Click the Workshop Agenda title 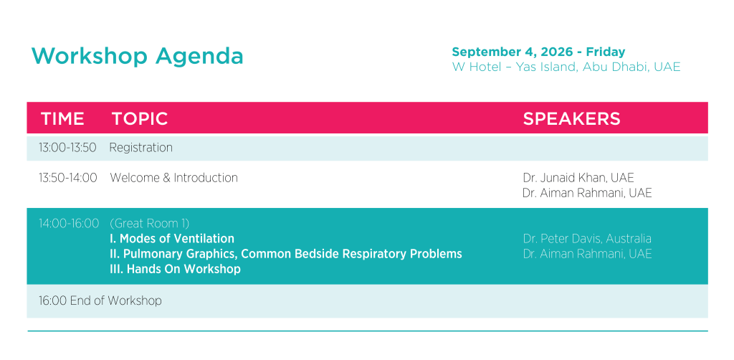coord(137,56)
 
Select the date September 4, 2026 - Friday coord(538,52)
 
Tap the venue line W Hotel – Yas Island coord(566,67)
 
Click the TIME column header coord(62,119)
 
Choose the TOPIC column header coord(140,119)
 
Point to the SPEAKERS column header coord(571,119)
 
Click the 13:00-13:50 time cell coord(67,148)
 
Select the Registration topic coord(141,148)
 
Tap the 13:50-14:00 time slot coord(68,179)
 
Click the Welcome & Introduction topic coord(173,178)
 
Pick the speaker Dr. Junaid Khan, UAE coord(578,178)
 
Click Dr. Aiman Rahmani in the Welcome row coord(587,193)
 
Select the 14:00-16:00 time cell coord(69,224)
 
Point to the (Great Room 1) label coord(149,224)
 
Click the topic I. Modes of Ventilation coord(172,239)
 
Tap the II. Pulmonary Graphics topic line coord(285,254)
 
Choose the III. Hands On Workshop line coord(175,269)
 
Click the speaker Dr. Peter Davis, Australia coord(587,239)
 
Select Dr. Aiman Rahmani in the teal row coord(587,254)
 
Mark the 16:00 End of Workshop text coord(100,300)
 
